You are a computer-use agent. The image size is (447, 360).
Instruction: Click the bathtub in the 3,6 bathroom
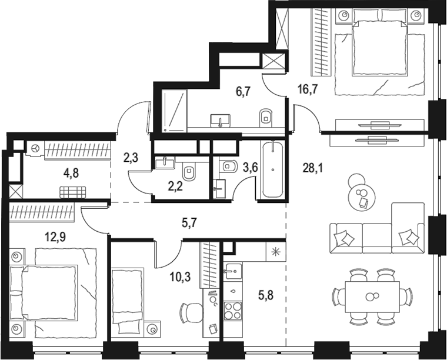coord(273,169)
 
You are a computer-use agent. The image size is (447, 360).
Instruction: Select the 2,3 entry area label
coord(131,157)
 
